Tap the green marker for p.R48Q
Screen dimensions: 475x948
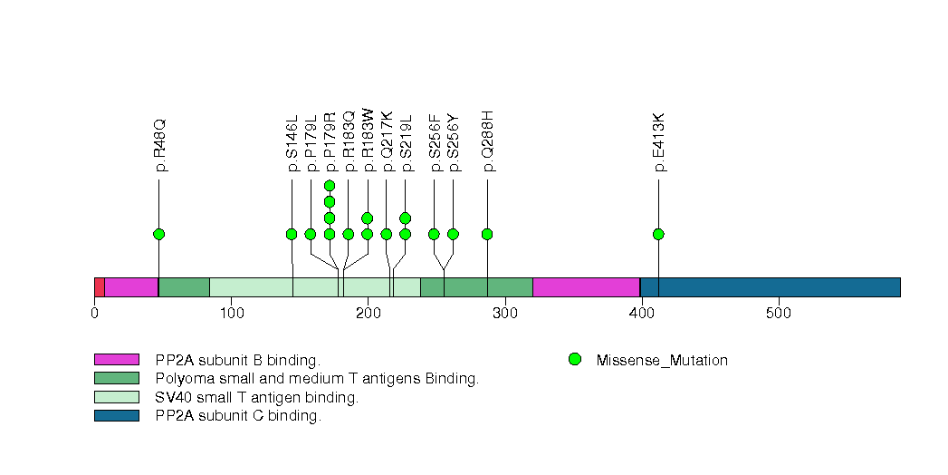[159, 234]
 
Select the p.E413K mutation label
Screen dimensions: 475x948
[659, 142]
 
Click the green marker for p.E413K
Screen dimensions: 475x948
[658, 234]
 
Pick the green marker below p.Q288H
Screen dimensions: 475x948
[487, 234]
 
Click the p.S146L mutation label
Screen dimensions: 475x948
[292, 143]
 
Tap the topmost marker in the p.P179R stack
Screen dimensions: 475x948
[330, 186]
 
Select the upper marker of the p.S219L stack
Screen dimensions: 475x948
[406, 218]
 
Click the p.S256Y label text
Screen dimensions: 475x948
[454, 142]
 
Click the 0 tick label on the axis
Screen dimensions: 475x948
[95, 314]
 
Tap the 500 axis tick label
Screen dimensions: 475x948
[779, 314]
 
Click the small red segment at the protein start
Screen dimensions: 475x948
[99, 287]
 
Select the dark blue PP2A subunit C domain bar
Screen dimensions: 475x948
[770, 287]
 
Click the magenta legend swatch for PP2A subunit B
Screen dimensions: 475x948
[116, 360]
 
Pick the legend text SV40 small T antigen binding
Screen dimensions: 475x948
[257, 397]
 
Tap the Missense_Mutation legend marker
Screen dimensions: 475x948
[574, 360]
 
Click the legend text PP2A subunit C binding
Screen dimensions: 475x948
[238, 416]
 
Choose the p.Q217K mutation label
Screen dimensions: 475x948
[388, 141]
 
